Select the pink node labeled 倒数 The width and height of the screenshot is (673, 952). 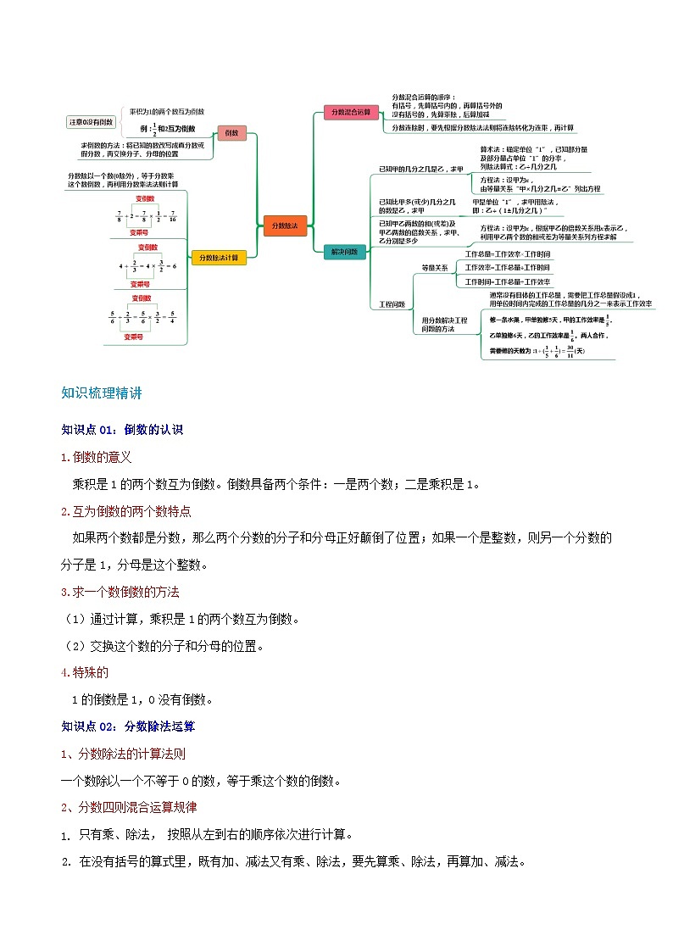[231, 133]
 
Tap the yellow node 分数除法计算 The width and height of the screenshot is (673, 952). [218, 258]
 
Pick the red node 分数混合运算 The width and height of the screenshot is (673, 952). [351, 112]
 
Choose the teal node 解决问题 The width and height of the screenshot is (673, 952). [344, 252]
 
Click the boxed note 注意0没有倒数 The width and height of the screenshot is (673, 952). [92, 122]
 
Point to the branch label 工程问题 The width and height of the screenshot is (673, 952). [392, 303]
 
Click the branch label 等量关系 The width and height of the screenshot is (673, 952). [435, 268]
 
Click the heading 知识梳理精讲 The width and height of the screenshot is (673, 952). [102, 393]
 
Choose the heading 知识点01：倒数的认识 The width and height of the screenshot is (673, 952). [122, 430]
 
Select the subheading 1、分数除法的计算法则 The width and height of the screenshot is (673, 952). [124, 753]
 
